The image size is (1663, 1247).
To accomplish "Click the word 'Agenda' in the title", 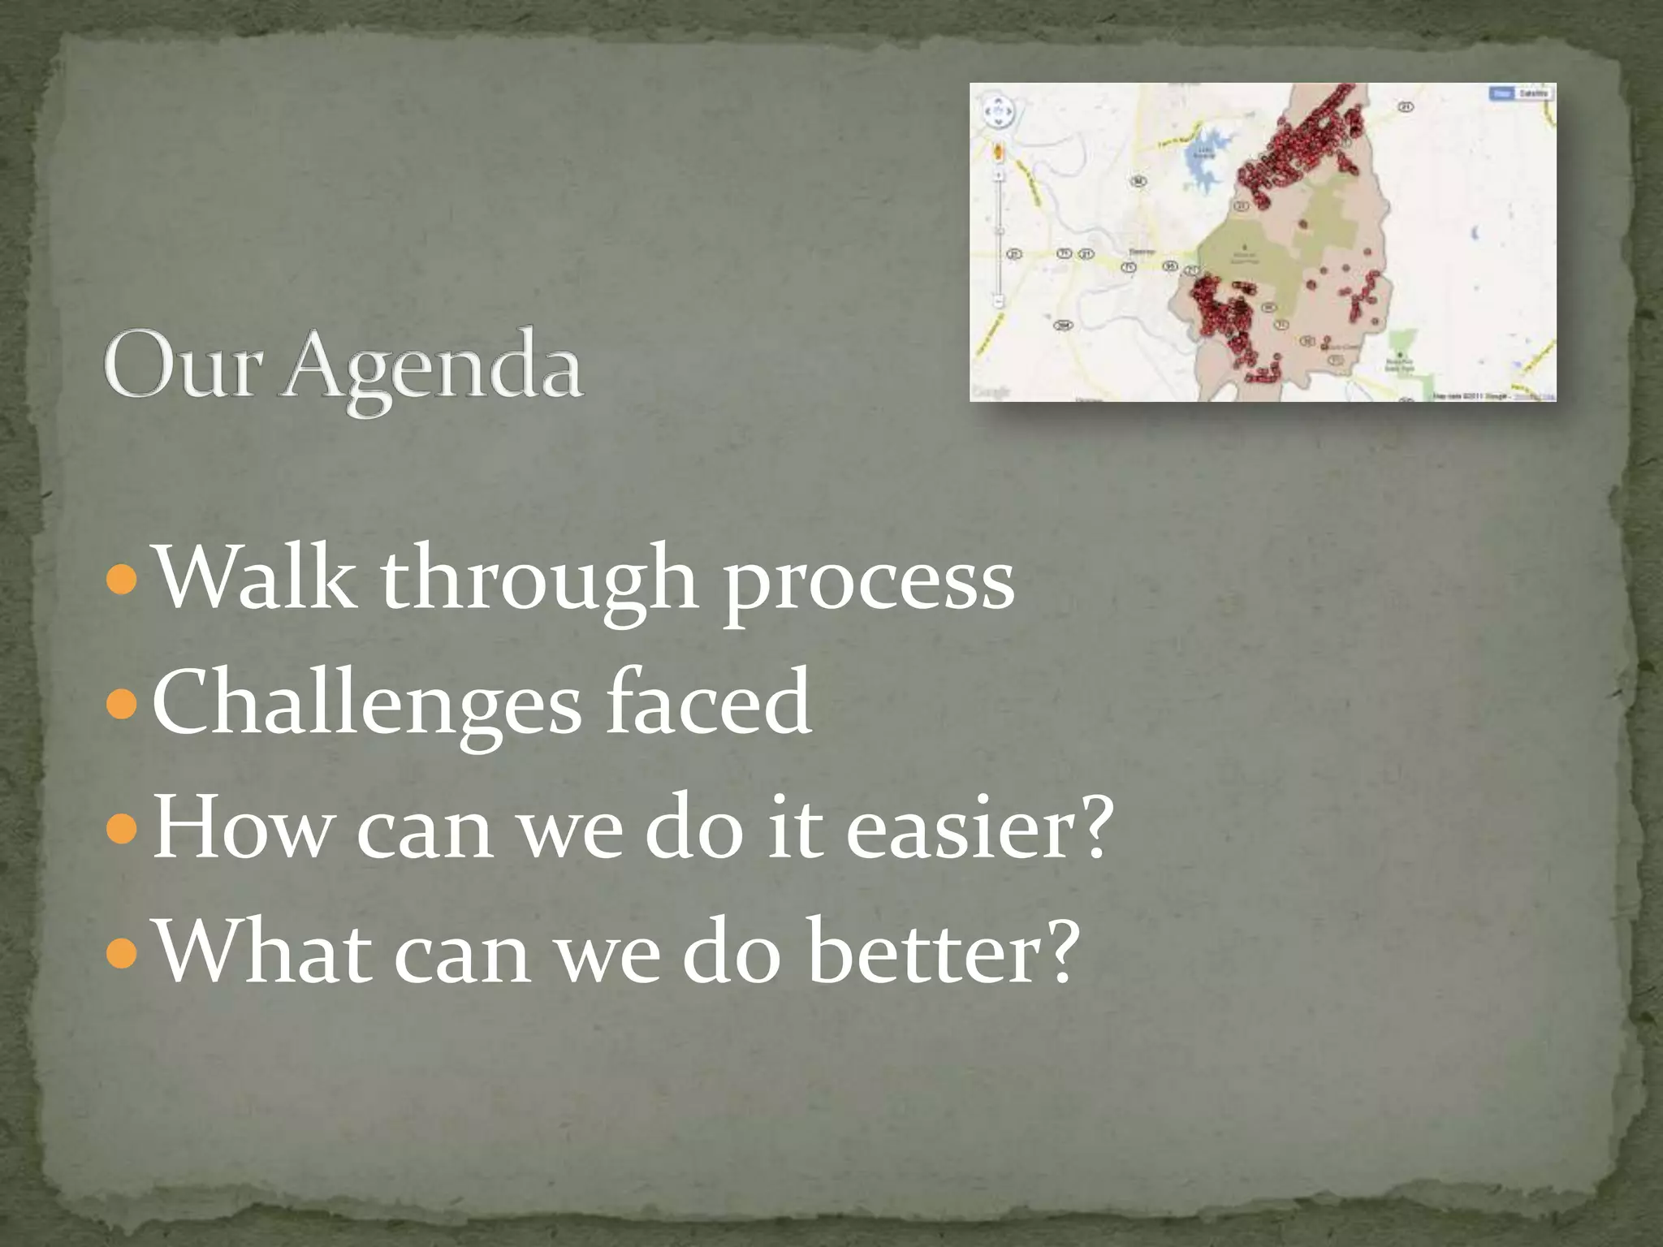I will tap(431, 370).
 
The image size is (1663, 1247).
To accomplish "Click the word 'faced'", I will tap(708, 701).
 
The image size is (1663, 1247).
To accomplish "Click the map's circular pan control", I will tap(998, 112).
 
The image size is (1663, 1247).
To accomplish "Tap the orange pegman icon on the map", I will tap(998, 151).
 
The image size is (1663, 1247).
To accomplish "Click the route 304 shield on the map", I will tap(1063, 326).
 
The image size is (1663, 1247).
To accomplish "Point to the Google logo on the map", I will tap(991, 392).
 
